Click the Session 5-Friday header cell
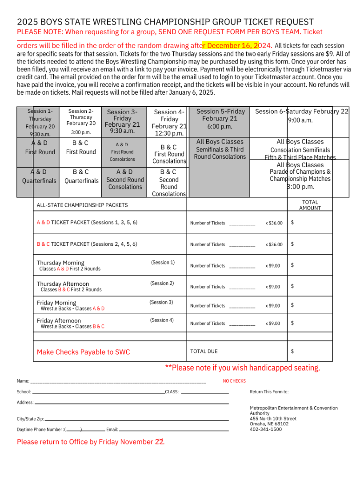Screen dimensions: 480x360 click(x=220, y=112)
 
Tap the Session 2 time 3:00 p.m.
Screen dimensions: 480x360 click(x=81, y=132)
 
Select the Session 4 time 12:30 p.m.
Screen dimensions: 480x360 click(x=169, y=133)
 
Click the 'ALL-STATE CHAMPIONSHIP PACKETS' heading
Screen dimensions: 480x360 click(x=82, y=205)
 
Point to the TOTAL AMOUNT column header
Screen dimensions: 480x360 click(x=310, y=205)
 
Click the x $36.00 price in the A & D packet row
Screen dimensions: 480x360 click(x=274, y=223)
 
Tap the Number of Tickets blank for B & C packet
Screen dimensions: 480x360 click(x=242, y=245)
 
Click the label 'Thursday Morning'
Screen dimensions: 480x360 click(x=60, y=263)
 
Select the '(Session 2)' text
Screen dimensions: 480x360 click(x=162, y=283)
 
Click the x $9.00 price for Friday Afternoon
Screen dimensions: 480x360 click(x=272, y=324)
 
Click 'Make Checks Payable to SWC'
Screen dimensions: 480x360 click(x=84, y=352)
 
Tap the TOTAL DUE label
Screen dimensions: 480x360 click(x=204, y=352)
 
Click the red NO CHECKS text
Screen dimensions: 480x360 click(x=234, y=381)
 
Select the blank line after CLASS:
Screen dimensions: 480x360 click(x=205, y=392)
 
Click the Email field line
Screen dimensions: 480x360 click(x=173, y=430)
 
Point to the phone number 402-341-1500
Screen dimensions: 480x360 click(x=265, y=429)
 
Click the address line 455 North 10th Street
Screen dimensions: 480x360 click(x=273, y=419)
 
